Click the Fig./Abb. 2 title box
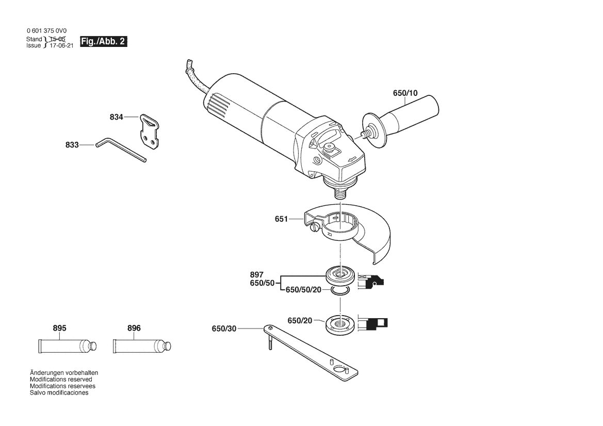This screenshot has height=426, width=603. (104, 42)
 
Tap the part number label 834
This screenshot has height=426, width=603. (116, 117)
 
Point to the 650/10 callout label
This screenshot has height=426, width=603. (405, 93)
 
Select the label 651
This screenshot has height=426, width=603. (281, 219)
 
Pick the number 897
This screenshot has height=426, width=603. (256, 274)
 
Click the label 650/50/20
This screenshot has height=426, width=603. (303, 290)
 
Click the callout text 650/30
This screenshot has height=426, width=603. (224, 329)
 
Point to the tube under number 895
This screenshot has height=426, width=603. (67, 346)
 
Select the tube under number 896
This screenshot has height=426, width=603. (141, 346)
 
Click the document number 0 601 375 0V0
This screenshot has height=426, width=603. (46, 30)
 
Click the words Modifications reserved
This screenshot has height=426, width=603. (61, 380)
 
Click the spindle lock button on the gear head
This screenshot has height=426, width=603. (329, 148)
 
